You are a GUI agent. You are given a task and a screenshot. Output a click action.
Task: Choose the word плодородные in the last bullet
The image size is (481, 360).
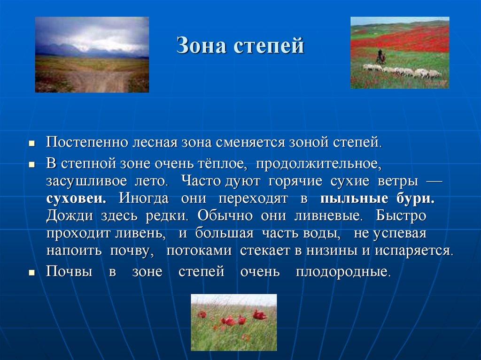tap(343, 272)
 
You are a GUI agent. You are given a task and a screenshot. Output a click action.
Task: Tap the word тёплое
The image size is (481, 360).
tap(225, 164)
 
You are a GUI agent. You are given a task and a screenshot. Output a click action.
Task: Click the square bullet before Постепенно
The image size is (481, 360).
tap(31, 143)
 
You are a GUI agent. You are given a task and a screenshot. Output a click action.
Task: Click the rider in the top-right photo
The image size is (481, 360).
tap(382, 57)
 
